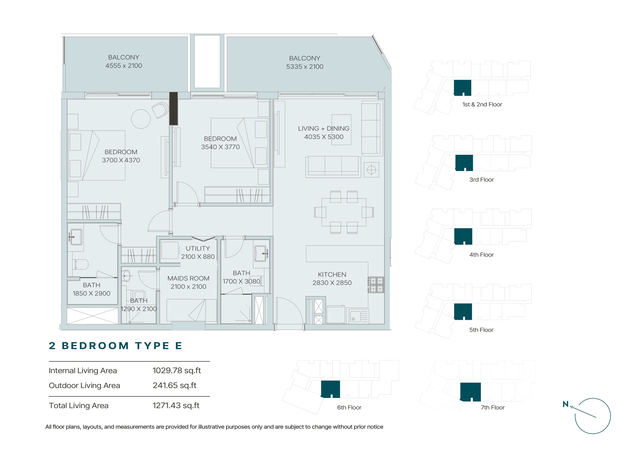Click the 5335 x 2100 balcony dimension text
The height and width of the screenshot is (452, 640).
(305, 66)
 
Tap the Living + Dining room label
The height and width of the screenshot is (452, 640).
(324, 128)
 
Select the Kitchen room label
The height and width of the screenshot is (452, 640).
(332, 274)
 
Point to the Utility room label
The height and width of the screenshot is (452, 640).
(198, 248)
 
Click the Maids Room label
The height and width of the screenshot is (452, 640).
(189, 278)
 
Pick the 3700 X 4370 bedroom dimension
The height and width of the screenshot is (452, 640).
(121, 160)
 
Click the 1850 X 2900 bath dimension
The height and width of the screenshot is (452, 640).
(91, 293)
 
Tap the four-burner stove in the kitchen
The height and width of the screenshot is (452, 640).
(376, 284)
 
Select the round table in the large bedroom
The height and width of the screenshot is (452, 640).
(141, 119)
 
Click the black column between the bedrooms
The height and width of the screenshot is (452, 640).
(173, 108)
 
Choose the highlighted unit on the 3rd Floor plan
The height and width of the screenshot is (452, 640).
(464, 163)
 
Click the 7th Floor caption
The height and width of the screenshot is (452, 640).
(493, 407)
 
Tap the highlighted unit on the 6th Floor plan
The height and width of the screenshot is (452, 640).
(330, 389)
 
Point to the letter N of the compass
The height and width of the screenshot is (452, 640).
(566, 404)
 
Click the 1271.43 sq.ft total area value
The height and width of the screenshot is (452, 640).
(176, 406)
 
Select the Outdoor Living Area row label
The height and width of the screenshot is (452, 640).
(85, 386)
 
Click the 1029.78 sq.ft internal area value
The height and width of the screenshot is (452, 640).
(177, 371)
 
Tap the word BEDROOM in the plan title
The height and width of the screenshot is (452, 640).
(95, 346)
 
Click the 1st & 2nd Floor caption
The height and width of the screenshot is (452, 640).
(482, 104)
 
